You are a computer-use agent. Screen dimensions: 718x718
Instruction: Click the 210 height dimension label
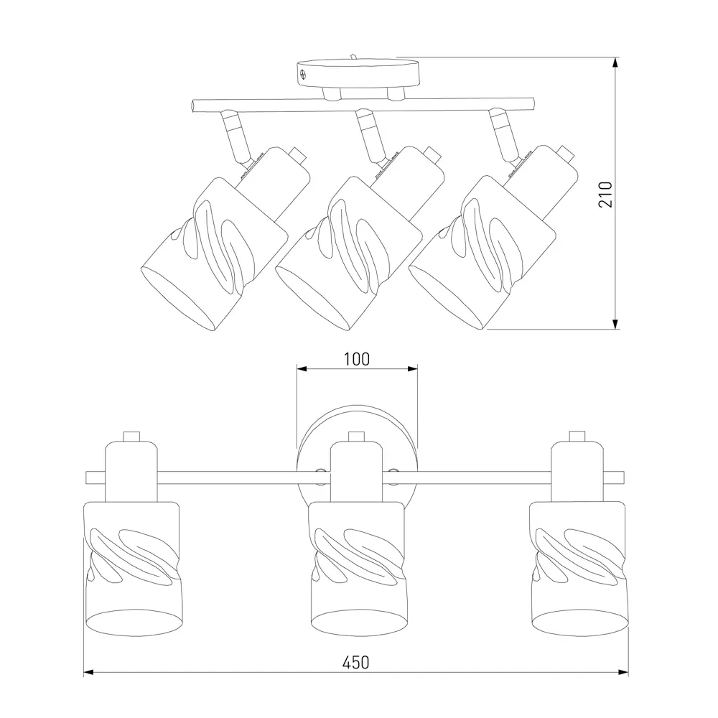pos(605,195)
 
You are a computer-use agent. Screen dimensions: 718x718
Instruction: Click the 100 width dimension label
pos(357,360)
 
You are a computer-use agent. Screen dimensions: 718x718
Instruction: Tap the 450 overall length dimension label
pos(356,663)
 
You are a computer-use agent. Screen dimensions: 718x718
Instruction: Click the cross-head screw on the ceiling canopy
pos(303,74)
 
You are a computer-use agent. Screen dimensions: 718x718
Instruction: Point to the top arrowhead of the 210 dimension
pos(615,62)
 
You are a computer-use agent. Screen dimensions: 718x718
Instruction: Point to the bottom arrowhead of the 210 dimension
pos(615,325)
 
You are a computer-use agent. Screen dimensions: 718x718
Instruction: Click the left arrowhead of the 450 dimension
pos(89,672)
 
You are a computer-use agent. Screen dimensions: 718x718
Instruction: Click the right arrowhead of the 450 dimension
pos(623,672)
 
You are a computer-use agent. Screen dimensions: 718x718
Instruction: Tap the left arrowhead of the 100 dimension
pos(302,368)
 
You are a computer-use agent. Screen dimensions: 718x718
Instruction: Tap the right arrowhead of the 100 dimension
pos(413,368)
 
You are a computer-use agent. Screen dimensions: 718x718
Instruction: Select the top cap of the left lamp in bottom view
pos(131,436)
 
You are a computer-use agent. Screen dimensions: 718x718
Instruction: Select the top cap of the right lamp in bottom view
pos(577,436)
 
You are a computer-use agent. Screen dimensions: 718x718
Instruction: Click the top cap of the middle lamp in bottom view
pos(356,437)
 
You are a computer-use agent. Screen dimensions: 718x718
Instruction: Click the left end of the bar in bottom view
pos(87,477)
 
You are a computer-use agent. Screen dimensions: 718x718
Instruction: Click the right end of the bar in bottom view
pos(623,477)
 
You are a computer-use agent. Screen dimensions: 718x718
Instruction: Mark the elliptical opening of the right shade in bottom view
pos(579,622)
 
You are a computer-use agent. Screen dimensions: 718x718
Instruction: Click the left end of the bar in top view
pos(193,106)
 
